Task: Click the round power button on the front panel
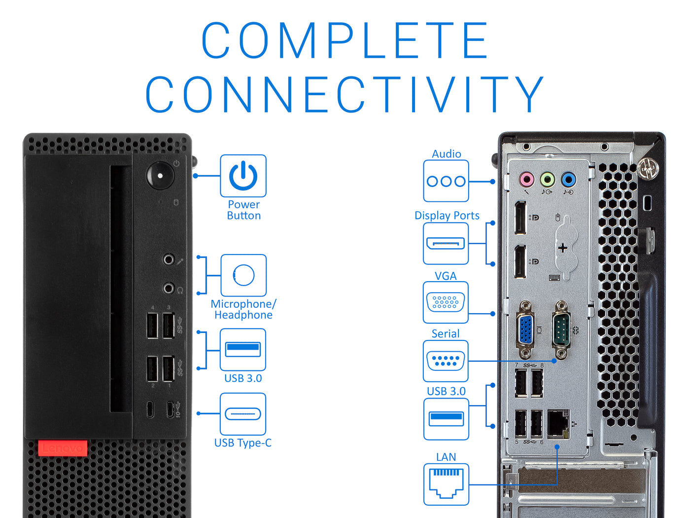click(160, 176)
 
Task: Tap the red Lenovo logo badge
click(63, 448)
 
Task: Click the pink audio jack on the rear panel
click(526, 180)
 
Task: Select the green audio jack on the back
click(547, 180)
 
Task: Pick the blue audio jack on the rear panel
click(568, 180)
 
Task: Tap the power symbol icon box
click(243, 176)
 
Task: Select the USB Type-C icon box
click(243, 414)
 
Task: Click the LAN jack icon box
click(446, 484)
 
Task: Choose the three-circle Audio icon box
click(446, 181)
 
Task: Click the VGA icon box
click(446, 302)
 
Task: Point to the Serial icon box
click(446, 361)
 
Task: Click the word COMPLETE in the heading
click(345, 40)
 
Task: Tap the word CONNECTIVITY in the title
click(345, 94)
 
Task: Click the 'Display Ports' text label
click(447, 216)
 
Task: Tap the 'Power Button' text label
click(244, 210)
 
